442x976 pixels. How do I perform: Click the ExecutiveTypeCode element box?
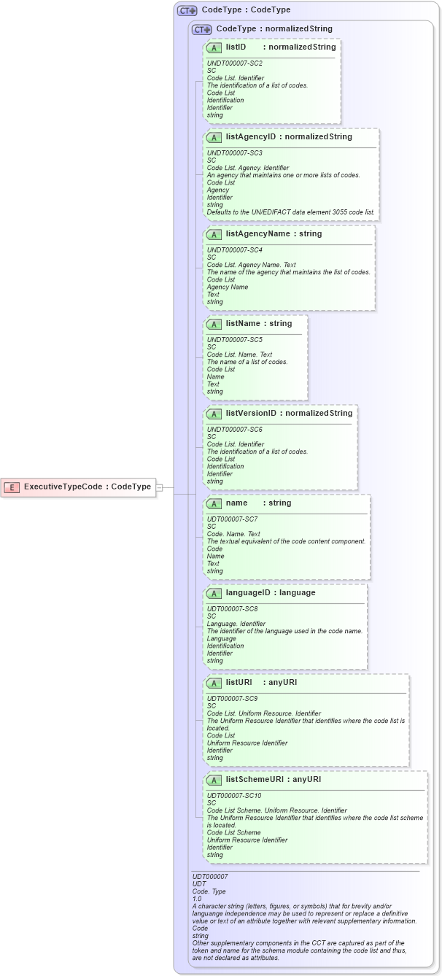point(79,487)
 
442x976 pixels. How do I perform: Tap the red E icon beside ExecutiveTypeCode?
point(12,487)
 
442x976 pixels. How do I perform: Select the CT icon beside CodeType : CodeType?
point(187,10)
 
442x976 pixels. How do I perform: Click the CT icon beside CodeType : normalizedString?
point(202,29)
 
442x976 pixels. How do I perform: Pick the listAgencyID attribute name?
point(251,136)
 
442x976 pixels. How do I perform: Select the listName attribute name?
point(243,323)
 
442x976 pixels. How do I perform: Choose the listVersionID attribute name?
point(251,414)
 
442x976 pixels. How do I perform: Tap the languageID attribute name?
point(250,592)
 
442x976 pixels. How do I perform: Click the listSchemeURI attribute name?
point(255,779)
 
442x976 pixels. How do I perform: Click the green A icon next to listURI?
point(214,683)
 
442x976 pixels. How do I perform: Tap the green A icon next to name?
point(214,503)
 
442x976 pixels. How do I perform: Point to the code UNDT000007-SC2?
point(235,63)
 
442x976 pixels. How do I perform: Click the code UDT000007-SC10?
point(234,795)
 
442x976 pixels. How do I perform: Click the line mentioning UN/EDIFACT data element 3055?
point(291,212)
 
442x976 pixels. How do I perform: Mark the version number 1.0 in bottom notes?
point(197,899)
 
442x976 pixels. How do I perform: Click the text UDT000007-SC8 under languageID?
point(233,608)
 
